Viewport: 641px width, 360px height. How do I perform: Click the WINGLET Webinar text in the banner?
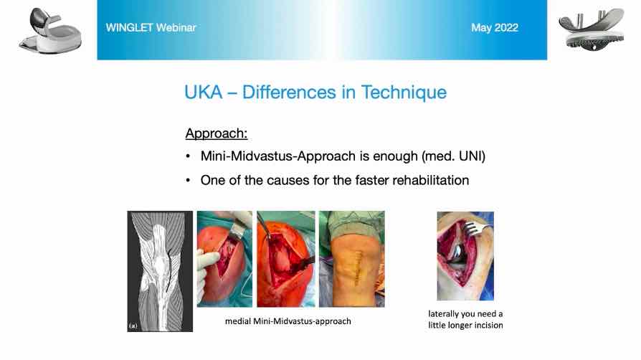[151, 27]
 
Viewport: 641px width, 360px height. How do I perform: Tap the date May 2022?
[495, 27]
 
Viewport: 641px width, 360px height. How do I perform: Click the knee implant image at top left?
[50, 31]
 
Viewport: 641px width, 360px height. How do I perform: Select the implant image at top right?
[592, 29]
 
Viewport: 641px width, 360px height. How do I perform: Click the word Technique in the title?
[404, 92]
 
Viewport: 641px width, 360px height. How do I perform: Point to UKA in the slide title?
[203, 92]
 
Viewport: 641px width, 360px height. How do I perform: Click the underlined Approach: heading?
[217, 133]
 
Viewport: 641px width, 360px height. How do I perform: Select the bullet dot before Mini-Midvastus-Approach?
[188, 156]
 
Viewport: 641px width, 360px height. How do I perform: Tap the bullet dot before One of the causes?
[188, 181]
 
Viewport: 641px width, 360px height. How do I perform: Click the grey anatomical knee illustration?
[160, 271]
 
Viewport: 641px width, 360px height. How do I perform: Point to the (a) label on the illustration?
[133, 326]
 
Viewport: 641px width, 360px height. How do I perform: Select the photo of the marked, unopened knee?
[351, 259]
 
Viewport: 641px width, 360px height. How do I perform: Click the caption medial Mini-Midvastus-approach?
[288, 321]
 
